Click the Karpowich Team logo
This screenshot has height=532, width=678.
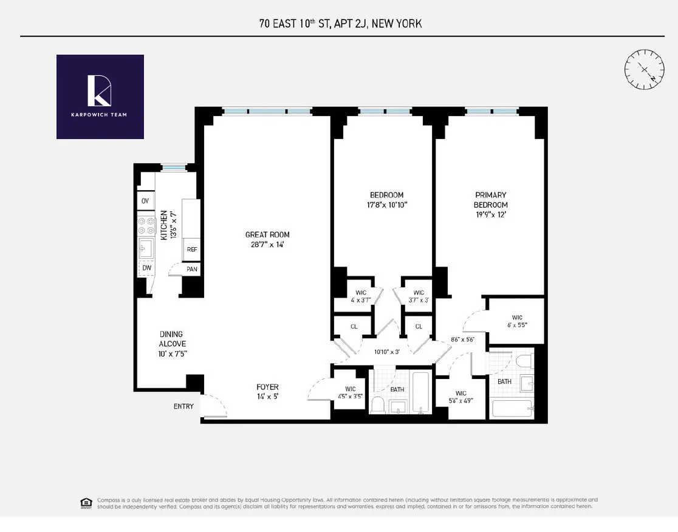click(x=100, y=97)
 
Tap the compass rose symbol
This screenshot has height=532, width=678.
click(x=643, y=68)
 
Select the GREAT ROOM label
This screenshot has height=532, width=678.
click(x=267, y=234)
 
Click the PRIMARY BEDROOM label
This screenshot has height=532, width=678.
click(x=491, y=200)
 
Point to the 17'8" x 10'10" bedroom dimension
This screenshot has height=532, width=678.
click(x=387, y=205)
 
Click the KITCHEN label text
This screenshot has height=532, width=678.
click(x=163, y=225)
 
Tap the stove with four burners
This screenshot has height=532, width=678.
click(x=146, y=226)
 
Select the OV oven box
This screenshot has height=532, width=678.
click(x=145, y=201)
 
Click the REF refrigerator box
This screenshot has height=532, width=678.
click(x=191, y=250)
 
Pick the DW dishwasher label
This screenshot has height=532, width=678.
click(x=146, y=268)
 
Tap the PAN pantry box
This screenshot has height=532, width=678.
click(x=191, y=269)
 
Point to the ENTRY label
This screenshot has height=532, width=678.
click(x=183, y=406)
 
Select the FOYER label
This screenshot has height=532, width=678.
click(x=267, y=387)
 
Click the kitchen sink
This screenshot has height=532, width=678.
click(x=146, y=248)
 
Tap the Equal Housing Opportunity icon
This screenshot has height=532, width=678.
click(x=86, y=502)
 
